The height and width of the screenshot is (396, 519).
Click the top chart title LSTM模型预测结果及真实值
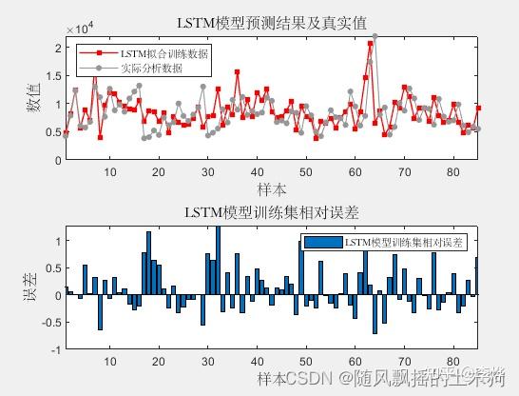pos(273,23)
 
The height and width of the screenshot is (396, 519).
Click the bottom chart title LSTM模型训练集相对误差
pos(273,211)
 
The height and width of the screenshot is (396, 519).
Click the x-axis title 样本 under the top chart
pos(273,191)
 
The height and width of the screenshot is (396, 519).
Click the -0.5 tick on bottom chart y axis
pos(49,323)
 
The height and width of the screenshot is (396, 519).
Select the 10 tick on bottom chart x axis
pos(109,362)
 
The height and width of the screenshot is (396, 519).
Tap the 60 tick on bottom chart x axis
pos(355,362)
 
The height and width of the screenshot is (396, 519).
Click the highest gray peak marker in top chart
pos(375,36)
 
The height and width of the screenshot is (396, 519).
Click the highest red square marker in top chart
pos(370,44)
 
